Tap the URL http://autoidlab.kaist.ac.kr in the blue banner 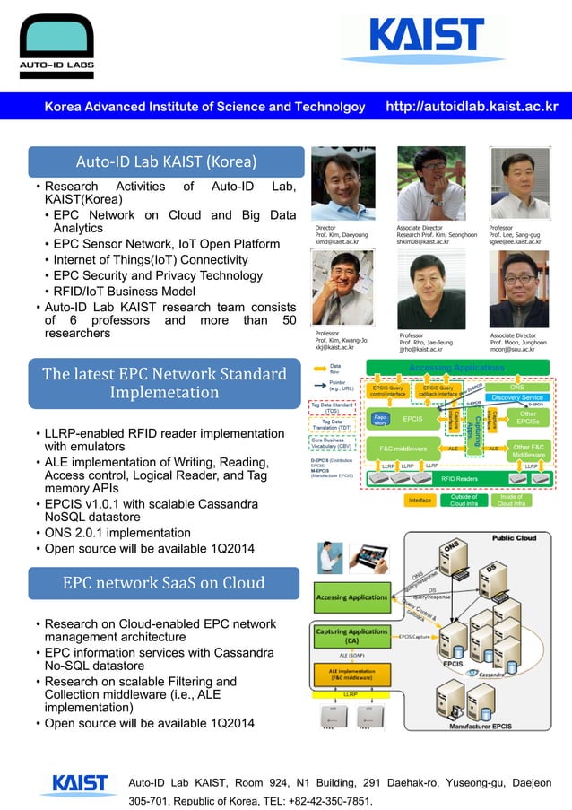click(x=472, y=107)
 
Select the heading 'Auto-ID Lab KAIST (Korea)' click(x=165, y=162)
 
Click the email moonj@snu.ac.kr click(x=512, y=348)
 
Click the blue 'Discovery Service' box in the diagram click(x=517, y=397)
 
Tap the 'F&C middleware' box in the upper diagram click(x=403, y=448)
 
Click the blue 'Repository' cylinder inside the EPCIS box click(x=380, y=419)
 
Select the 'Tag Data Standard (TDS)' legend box click(x=331, y=408)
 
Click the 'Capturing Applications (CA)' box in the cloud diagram click(x=351, y=637)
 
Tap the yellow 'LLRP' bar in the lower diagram click(x=351, y=693)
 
